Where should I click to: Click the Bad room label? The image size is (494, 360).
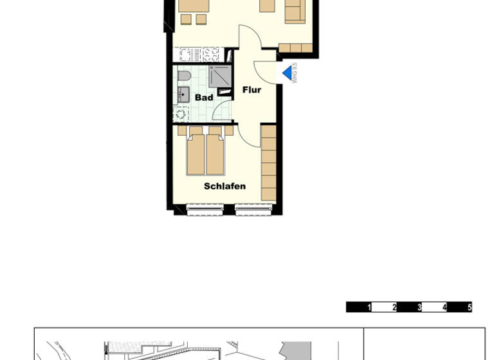click(x=204, y=98)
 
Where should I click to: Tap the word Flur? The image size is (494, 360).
click(x=252, y=90)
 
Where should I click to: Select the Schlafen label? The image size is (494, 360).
click(x=224, y=186)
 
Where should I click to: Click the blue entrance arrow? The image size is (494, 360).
click(x=287, y=73)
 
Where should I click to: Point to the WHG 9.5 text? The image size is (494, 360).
click(x=295, y=73)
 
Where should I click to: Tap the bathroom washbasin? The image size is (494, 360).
click(x=180, y=95)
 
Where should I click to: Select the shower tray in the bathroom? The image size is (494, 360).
click(x=220, y=76)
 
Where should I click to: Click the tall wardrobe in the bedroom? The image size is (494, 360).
click(x=268, y=162)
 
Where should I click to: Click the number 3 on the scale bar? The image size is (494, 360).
click(x=419, y=307)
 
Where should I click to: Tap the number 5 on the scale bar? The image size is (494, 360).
click(x=470, y=307)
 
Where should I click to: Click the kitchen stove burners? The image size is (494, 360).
click(x=212, y=54)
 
